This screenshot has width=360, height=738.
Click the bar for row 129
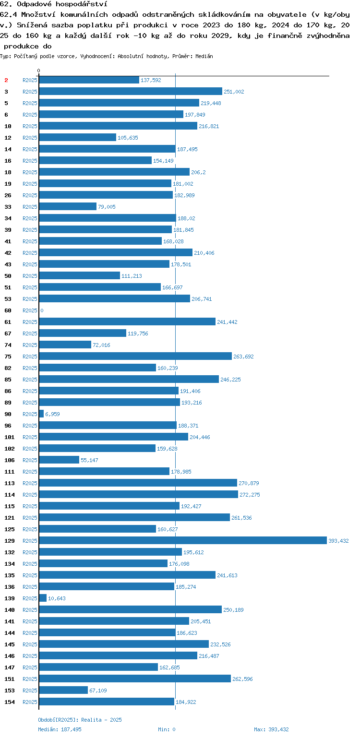[183, 540]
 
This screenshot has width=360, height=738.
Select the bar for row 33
[68, 206]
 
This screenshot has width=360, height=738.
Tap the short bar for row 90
[42, 414]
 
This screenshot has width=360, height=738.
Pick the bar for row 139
[43, 598]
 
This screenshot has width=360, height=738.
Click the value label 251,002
[234, 92]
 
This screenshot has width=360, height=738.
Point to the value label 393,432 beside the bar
[338, 541]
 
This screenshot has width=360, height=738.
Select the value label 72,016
[101, 345]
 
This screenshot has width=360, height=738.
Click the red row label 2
[6, 80]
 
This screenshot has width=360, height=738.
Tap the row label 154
[10, 702]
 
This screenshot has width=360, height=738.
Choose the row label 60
[8, 310]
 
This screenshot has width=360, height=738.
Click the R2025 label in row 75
[30, 357]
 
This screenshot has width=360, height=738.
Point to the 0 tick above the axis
[38, 71]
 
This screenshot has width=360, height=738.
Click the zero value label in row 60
[42, 310]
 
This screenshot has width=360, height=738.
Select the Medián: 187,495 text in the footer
[60, 729]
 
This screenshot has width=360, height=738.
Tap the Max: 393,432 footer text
[271, 729]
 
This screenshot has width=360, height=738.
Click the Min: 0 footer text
[167, 729]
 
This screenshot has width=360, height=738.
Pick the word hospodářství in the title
[82, 4]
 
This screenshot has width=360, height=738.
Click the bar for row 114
[138, 494]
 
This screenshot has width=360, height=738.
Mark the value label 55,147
[89, 460]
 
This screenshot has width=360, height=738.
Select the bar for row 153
[64, 690]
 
